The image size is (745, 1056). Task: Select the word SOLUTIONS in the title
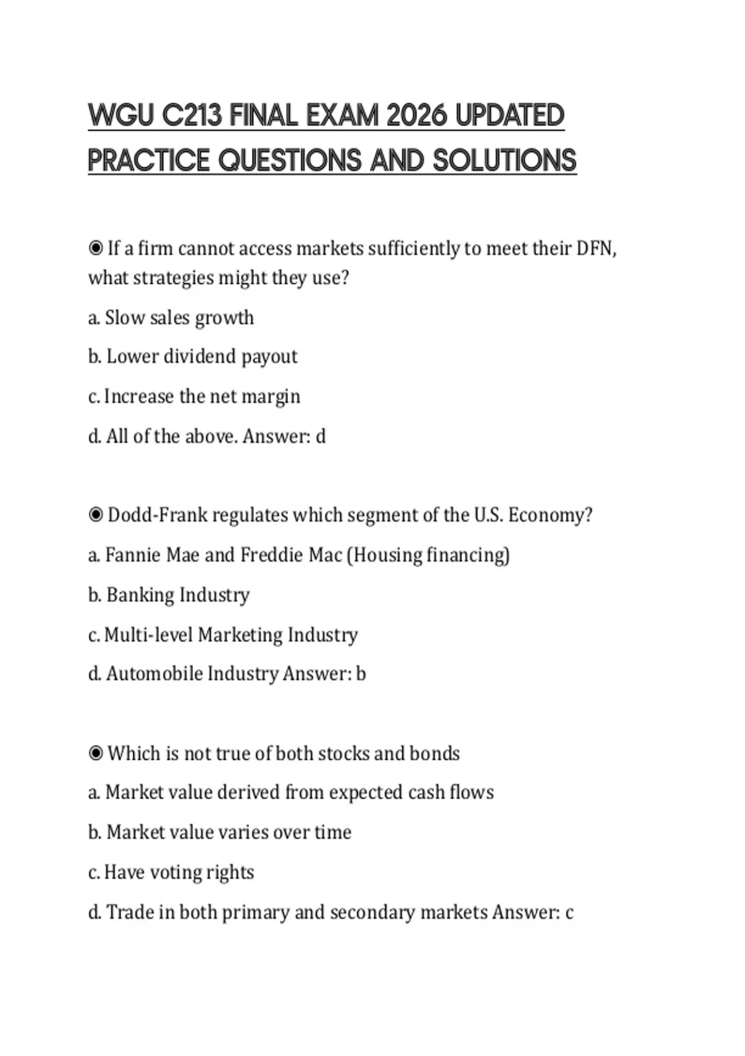[505, 160]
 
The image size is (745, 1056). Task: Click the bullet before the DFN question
[96, 248]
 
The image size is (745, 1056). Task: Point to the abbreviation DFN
[595, 248]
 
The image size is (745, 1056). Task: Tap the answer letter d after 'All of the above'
[320, 436]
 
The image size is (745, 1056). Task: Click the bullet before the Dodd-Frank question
[96, 515]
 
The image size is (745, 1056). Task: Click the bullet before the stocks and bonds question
[96, 753]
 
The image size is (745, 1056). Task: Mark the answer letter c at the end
[569, 913]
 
